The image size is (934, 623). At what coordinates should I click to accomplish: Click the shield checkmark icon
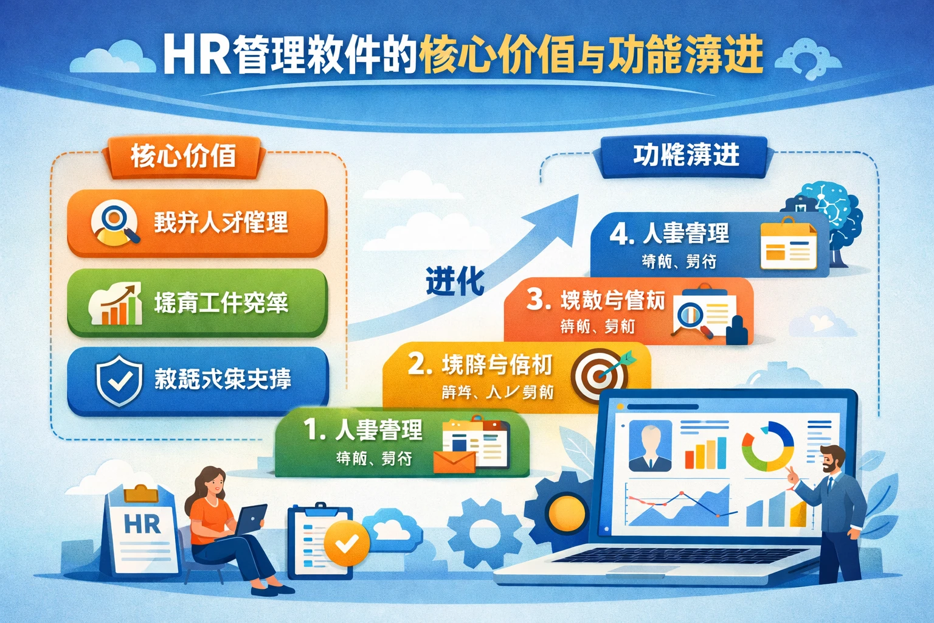pos(119,380)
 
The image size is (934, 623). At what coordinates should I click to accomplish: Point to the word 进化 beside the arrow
pos(455,281)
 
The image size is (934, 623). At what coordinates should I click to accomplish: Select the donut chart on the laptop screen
pos(767,447)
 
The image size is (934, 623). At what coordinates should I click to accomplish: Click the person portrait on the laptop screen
pos(649,446)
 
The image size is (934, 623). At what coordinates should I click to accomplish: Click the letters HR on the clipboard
pos(142,524)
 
